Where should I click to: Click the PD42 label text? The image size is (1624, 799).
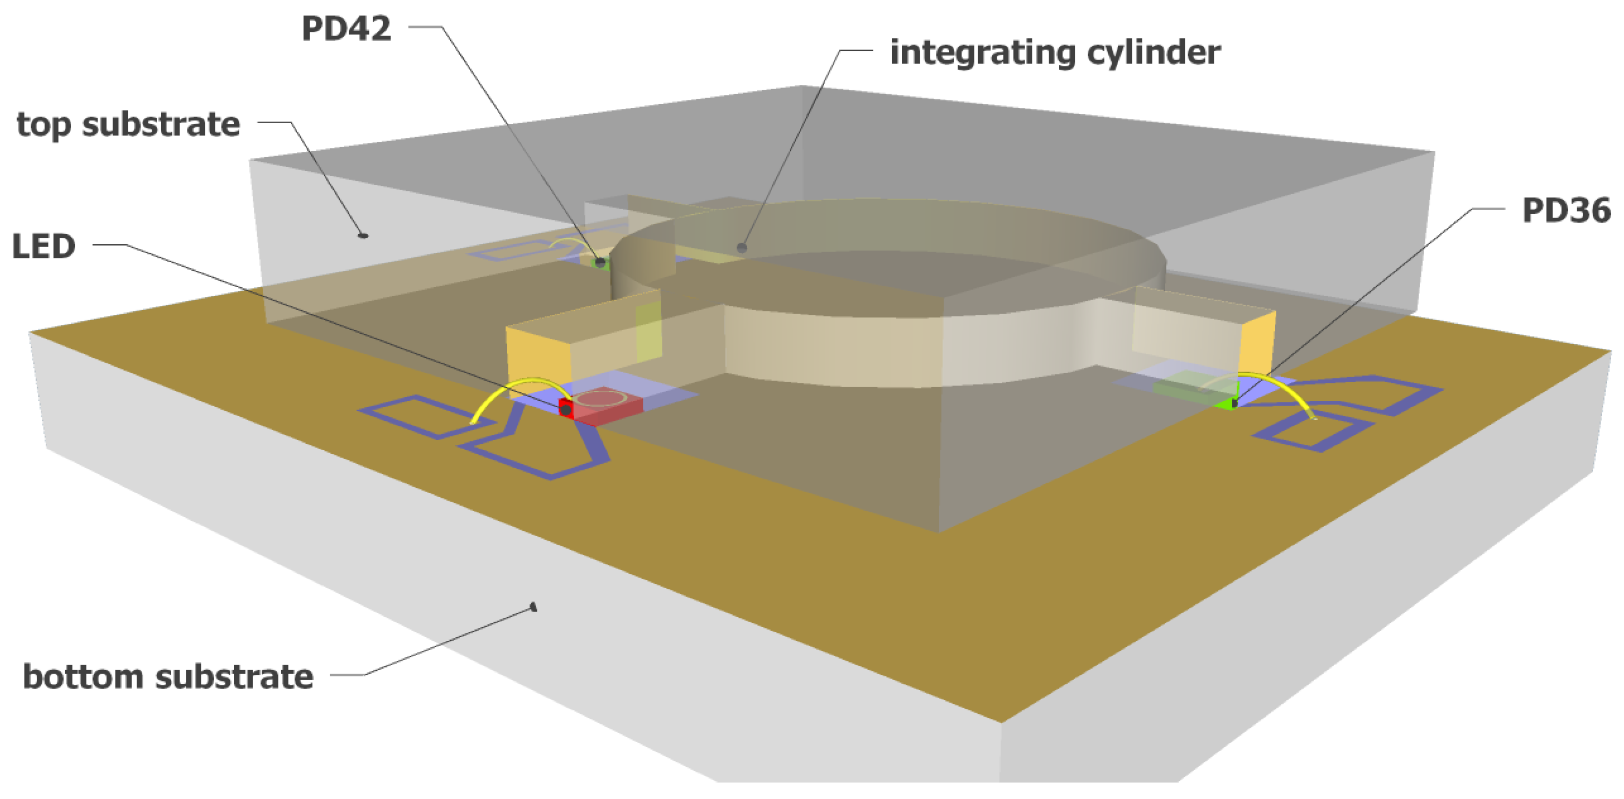[346, 29]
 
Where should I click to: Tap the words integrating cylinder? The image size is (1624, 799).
[1055, 53]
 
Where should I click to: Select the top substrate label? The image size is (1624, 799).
[128, 125]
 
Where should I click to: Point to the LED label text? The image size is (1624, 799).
[44, 246]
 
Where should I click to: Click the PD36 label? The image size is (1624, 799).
[1566, 211]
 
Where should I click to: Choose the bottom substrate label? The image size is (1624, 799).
[168, 677]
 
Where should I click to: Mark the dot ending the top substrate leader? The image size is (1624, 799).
[363, 235]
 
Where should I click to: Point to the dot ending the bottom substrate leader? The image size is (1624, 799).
[533, 607]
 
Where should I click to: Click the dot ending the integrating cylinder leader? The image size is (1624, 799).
[742, 248]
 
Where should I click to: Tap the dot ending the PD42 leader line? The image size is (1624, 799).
[600, 262]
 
